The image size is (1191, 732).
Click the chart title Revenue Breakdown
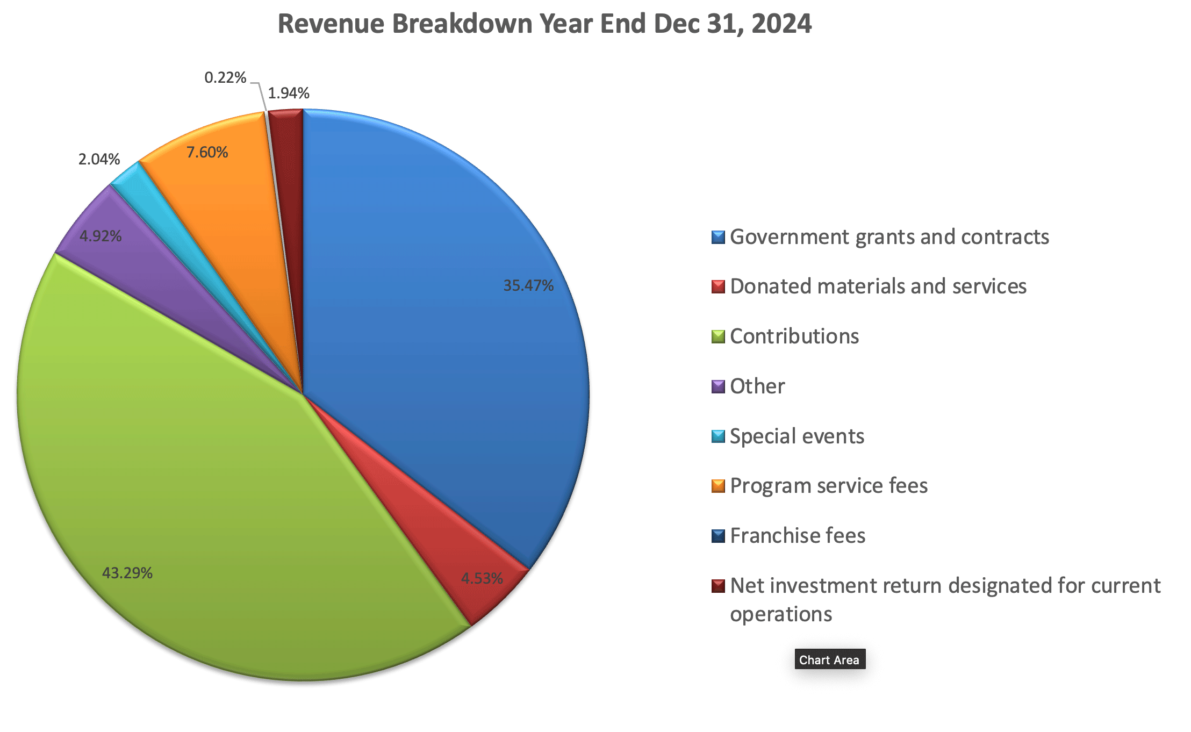click(544, 24)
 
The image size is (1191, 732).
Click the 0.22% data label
click(225, 78)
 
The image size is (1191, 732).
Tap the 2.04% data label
click(99, 160)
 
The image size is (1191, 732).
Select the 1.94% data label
click(289, 94)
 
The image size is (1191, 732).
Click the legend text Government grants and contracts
click(889, 237)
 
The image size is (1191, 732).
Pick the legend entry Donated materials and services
click(878, 286)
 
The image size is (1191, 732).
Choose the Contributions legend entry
click(794, 336)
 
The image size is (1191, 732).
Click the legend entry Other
click(757, 386)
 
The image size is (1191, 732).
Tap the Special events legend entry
click(797, 436)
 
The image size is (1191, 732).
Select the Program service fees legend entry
click(828, 486)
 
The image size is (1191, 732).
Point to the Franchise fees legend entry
click(797, 536)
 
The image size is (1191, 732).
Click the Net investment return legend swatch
click(718, 586)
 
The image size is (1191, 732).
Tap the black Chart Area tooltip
click(829, 659)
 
